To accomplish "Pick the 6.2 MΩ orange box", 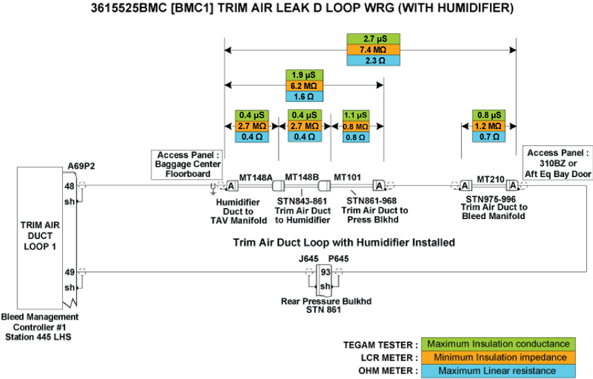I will [x=304, y=85].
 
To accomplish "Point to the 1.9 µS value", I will [x=304, y=74].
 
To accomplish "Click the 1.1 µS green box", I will [x=355, y=115].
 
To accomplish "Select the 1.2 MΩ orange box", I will [x=489, y=126].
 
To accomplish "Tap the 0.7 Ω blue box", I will [x=489, y=137].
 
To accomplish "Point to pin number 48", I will [x=70, y=185].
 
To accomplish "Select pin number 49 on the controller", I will [x=70, y=272].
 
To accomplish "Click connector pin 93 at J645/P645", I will [x=324, y=272].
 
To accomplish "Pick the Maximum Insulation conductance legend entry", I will [x=498, y=344].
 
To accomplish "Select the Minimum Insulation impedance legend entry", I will [x=498, y=357].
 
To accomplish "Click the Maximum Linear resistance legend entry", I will [x=498, y=371].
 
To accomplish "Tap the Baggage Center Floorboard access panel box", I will [x=189, y=164].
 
